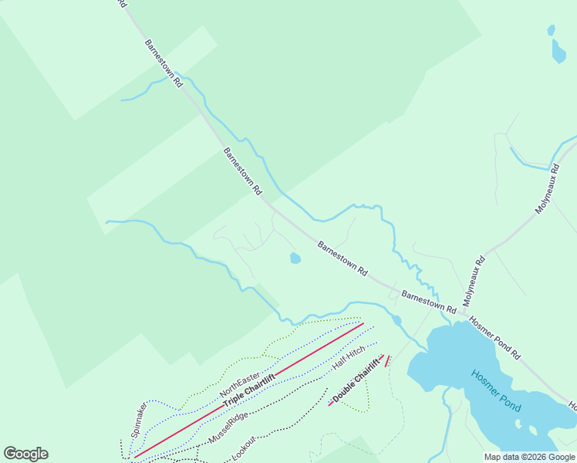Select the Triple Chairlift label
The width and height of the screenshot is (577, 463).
pyautogui.click(x=249, y=390)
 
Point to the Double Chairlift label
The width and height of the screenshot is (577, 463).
pyautogui.click(x=357, y=380)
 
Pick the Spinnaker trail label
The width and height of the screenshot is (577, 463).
pyautogui.click(x=139, y=419)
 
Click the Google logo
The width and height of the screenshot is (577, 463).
pyautogui.click(x=25, y=454)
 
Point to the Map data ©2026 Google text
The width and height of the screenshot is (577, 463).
pyautogui.click(x=529, y=457)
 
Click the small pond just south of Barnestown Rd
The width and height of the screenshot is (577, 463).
pyautogui.click(x=295, y=259)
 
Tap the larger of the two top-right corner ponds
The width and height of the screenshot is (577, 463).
pyautogui.click(x=558, y=52)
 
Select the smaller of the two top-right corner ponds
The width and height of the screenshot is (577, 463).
pyautogui.click(x=550, y=30)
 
